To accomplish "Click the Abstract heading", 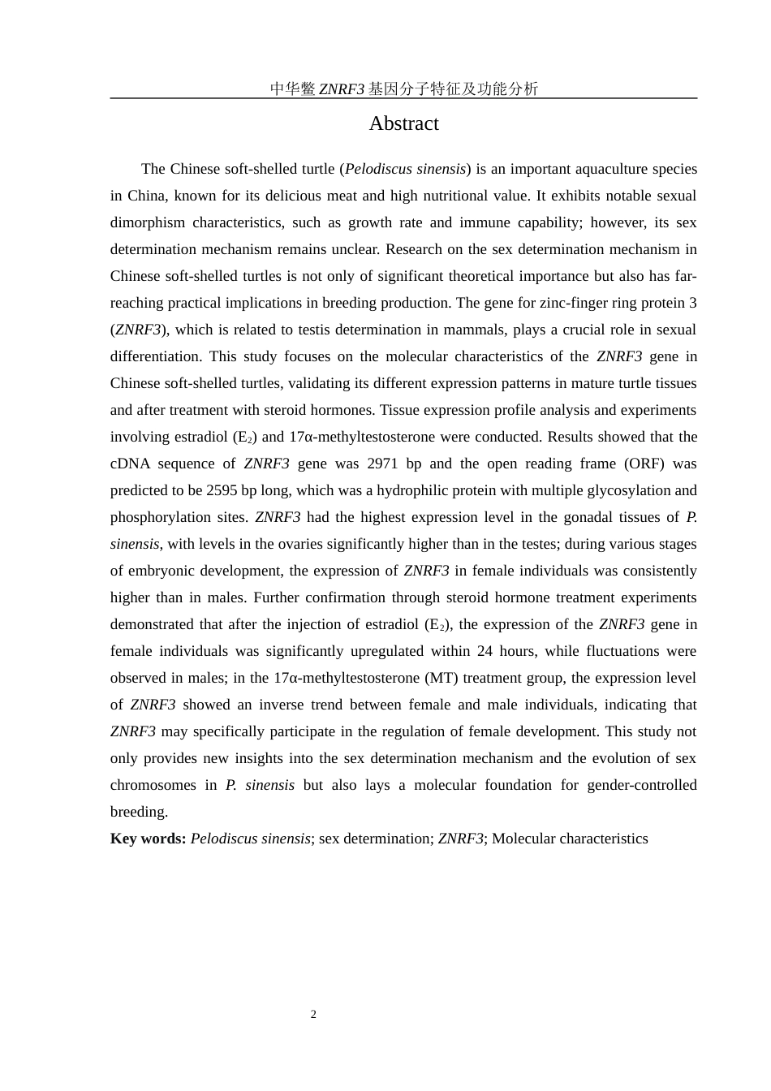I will pyautogui.click(x=403, y=123).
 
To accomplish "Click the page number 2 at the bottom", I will pyautogui.click(x=313, y=1015).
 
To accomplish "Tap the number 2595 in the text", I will pyautogui.click(x=222, y=490).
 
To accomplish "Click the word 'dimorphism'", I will pyautogui.click(x=148, y=222).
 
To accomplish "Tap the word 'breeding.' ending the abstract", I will pyautogui.click(x=139, y=812).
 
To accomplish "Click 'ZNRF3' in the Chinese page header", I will pyautogui.click(x=341, y=89).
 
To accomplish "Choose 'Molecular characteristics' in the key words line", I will pyautogui.click(x=570, y=839).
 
